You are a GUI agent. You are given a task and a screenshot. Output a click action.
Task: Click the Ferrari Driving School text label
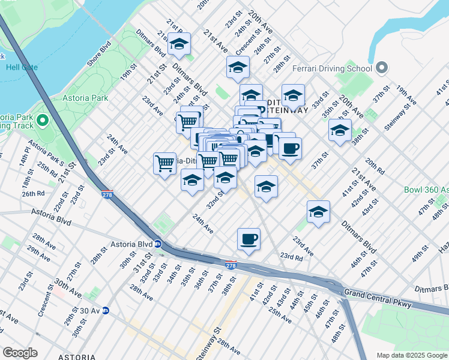[x=332, y=68]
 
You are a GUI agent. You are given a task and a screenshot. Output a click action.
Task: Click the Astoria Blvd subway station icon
[x=157, y=244]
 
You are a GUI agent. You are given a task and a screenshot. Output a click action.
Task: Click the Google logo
[x=20, y=353]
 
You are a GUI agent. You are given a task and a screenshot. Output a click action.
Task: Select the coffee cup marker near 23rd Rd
[x=249, y=239]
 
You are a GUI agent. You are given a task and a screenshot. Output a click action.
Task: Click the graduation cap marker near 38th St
[x=340, y=130]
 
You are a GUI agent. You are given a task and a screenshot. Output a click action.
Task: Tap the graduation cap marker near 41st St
[x=318, y=212]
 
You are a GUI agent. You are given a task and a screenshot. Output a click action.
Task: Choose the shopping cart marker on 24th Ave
[x=164, y=163]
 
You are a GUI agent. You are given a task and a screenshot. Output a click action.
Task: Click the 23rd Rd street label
[x=291, y=256]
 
